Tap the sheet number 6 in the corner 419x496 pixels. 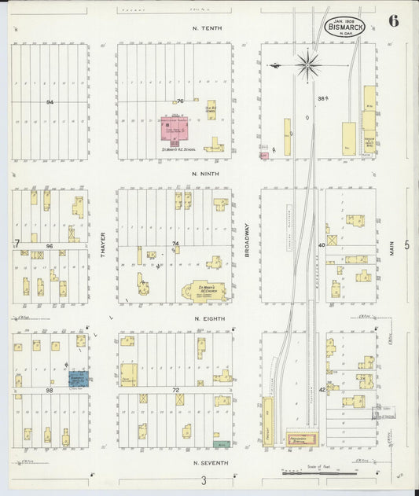point(392,21)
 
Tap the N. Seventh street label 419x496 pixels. point(208,463)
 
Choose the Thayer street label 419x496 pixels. point(103,244)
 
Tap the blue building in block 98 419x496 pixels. point(79,378)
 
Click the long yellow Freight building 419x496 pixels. point(268,421)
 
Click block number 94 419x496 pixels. point(50,102)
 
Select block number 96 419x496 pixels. point(50,246)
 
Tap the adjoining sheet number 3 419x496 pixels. point(203,481)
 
